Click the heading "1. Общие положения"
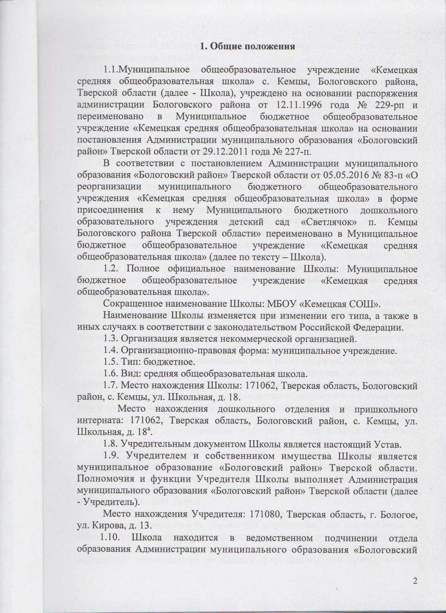pos(248,47)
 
